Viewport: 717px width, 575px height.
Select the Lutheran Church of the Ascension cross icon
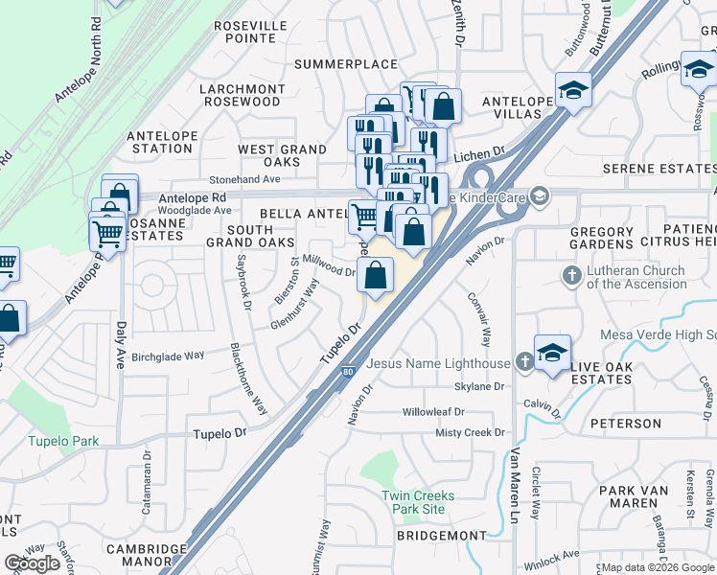click(x=571, y=277)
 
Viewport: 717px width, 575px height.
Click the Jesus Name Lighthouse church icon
click(x=523, y=363)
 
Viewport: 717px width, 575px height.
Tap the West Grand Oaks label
click(x=283, y=155)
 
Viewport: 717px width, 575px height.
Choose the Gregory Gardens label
click(x=601, y=239)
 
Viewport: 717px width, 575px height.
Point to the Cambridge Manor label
click(x=146, y=556)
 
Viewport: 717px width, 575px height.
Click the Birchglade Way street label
click(x=168, y=356)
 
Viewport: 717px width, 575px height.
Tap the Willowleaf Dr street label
click(x=433, y=412)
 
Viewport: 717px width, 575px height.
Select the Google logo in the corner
click(x=32, y=563)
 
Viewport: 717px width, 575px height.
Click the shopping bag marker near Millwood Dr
click(x=377, y=276)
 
